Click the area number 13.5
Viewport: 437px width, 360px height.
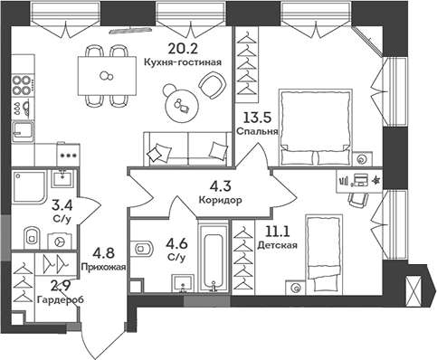[261, 117]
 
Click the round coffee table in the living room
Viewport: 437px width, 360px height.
[180, 106]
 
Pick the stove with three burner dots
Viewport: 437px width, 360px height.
[65, 154]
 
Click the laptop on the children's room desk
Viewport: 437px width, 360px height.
[360, 179]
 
